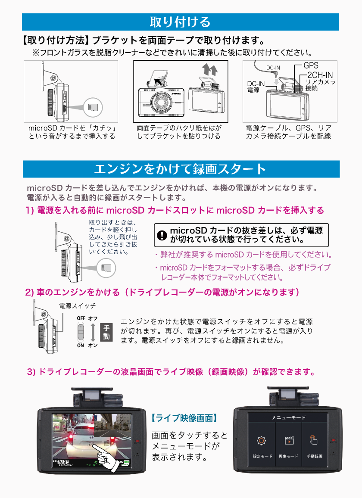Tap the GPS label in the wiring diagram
[x=311, y=65]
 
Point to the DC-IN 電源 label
[x=256, y=87]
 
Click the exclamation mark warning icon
[x=161, y=235]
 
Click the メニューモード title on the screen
[x=288, y=417]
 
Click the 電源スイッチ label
[x=77, y=306]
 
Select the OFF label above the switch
[x=81, y=318]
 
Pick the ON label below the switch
[x=81, y=345]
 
